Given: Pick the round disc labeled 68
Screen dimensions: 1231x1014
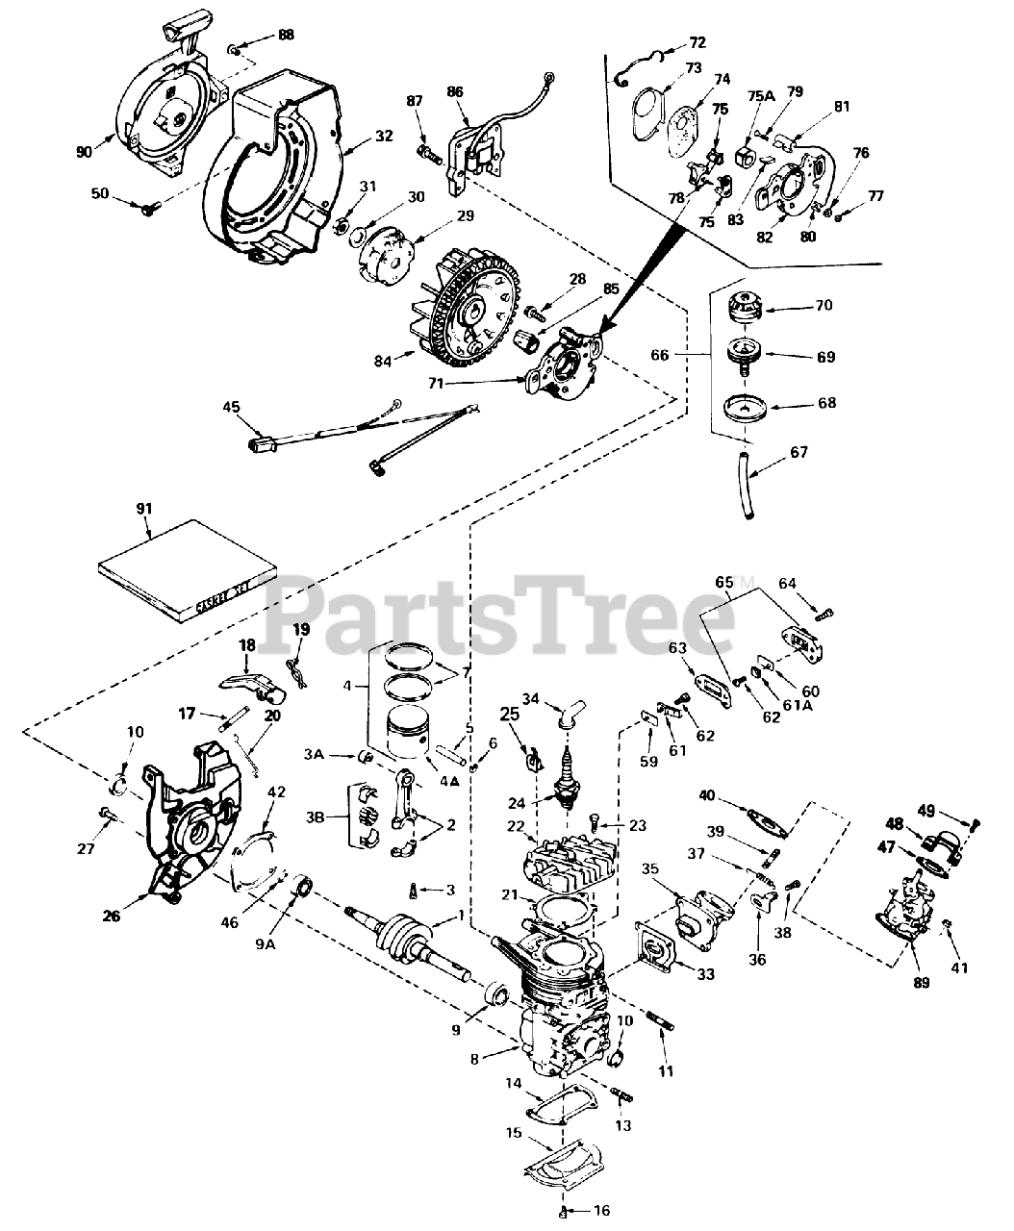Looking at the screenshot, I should coord(743,404).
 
